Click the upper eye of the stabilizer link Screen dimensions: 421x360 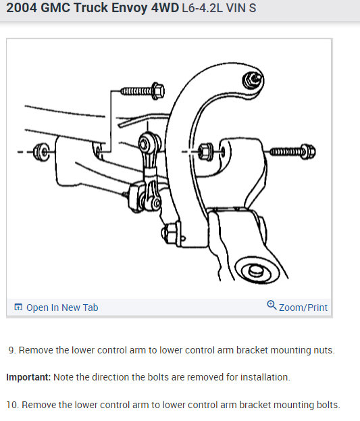147,143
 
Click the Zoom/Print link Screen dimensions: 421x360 303,307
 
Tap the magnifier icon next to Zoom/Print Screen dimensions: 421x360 272,305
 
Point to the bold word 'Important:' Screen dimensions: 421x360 28,377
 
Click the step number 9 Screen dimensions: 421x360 11,350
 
